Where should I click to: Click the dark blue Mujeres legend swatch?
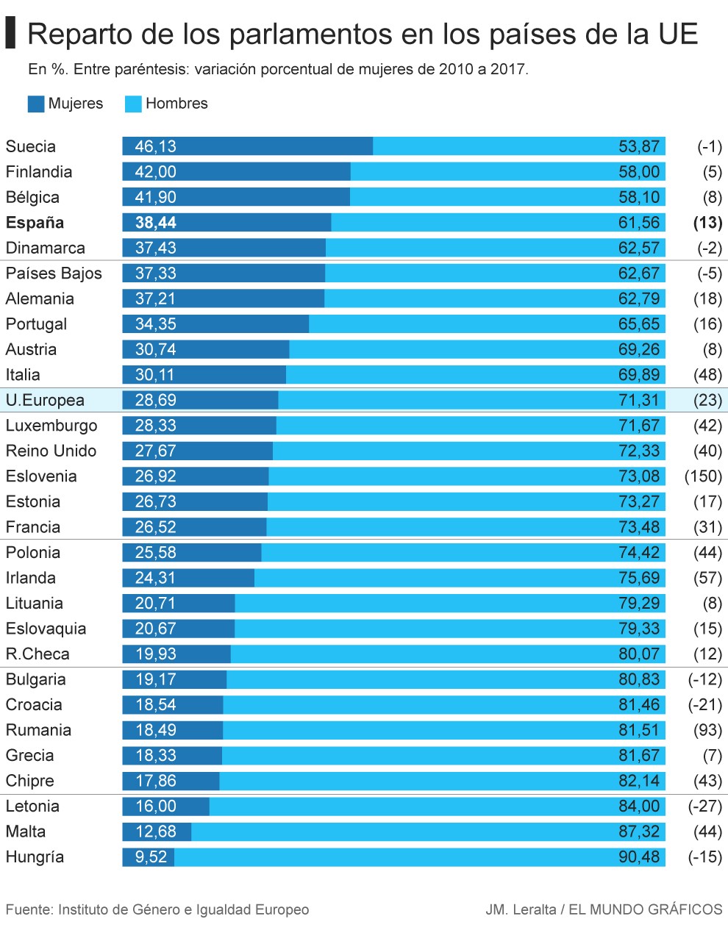(35, 104)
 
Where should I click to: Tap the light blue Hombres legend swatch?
(133, 104)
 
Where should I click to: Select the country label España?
(35, 223)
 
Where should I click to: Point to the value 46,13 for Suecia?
(155, 146)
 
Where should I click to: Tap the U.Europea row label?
(45, 401)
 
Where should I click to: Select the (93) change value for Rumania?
(707, 730)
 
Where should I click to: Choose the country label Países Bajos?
(54, 273)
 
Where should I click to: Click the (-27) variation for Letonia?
(704, 806)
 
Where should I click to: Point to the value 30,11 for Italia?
(155, 375)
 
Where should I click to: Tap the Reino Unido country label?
(51, 451)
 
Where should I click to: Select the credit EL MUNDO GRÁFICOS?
(645, 909)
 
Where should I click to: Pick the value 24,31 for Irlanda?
(155, 578)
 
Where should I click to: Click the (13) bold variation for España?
(707, 223)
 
